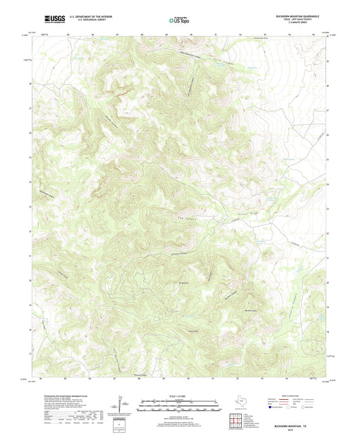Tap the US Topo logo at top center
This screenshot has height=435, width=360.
click(x=178, y=20)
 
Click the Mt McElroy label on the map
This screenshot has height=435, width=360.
click(x=182, y=283)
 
